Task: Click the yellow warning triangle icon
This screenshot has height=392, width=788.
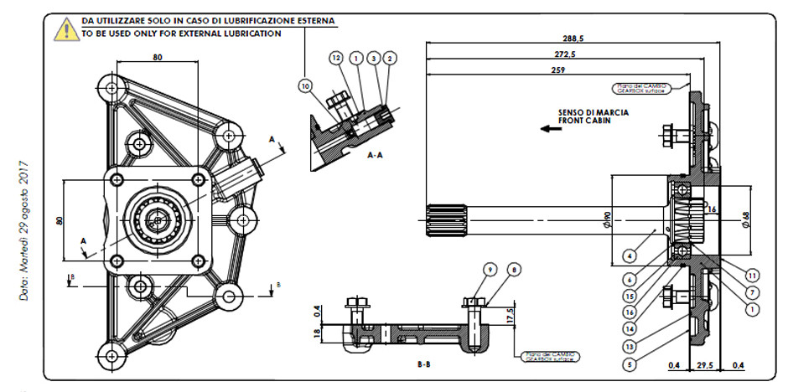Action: [65, 29]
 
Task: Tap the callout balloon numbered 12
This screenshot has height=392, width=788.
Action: [336, 58]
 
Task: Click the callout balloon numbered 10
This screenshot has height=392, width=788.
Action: [304, 85]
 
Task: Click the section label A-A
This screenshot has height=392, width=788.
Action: [376, 156]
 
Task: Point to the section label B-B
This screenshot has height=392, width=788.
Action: [424, 365]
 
